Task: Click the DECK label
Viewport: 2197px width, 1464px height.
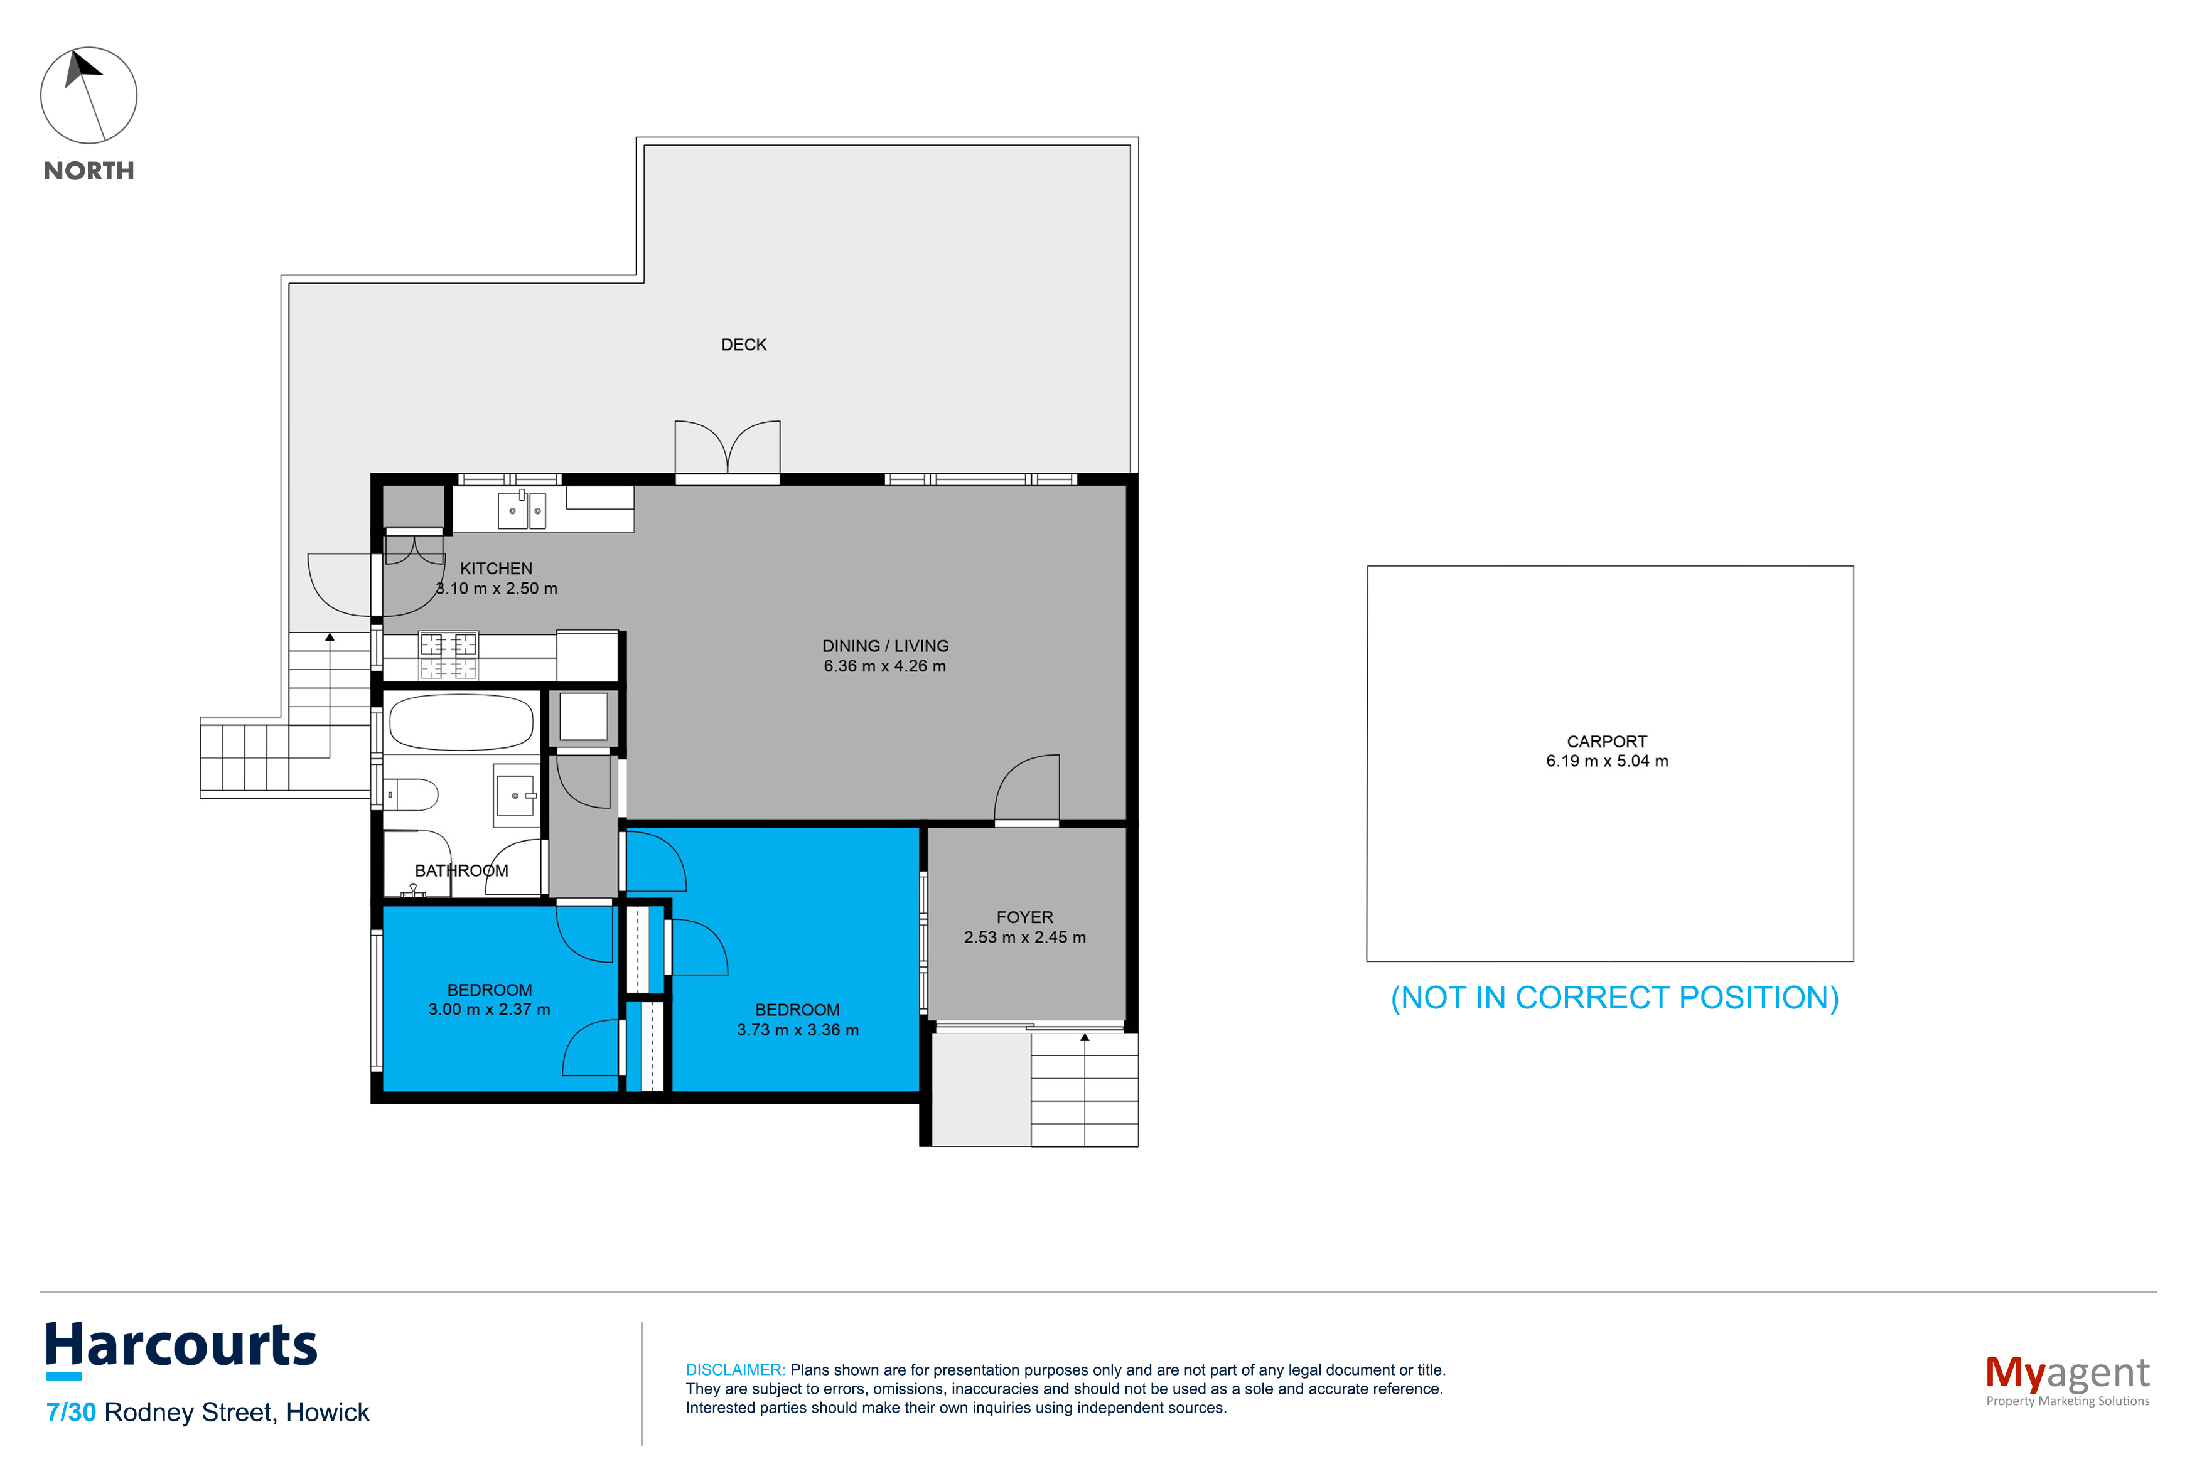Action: point(743,345)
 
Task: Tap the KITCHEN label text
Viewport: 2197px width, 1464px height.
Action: point(496,569)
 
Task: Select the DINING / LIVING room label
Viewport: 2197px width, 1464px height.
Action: point(885,646)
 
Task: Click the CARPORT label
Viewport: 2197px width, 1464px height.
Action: point(1606,741)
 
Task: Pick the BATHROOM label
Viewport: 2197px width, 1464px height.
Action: point(461,871)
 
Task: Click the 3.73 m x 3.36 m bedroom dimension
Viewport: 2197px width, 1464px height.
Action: point(797,1030)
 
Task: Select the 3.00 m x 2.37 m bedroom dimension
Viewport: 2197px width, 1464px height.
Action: point(489,1009)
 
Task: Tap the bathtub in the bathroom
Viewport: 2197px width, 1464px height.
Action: point(461,722)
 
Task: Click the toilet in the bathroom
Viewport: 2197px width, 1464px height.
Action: point(412,794)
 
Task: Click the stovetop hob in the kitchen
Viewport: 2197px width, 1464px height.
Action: point(448,655)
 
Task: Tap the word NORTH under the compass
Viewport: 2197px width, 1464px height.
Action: point(89,171)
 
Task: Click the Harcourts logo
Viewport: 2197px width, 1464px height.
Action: point(181,1347)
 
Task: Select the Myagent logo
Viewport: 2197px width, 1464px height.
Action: point(2066,1376)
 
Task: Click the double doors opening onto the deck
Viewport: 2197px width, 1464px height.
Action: point(728,449)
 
